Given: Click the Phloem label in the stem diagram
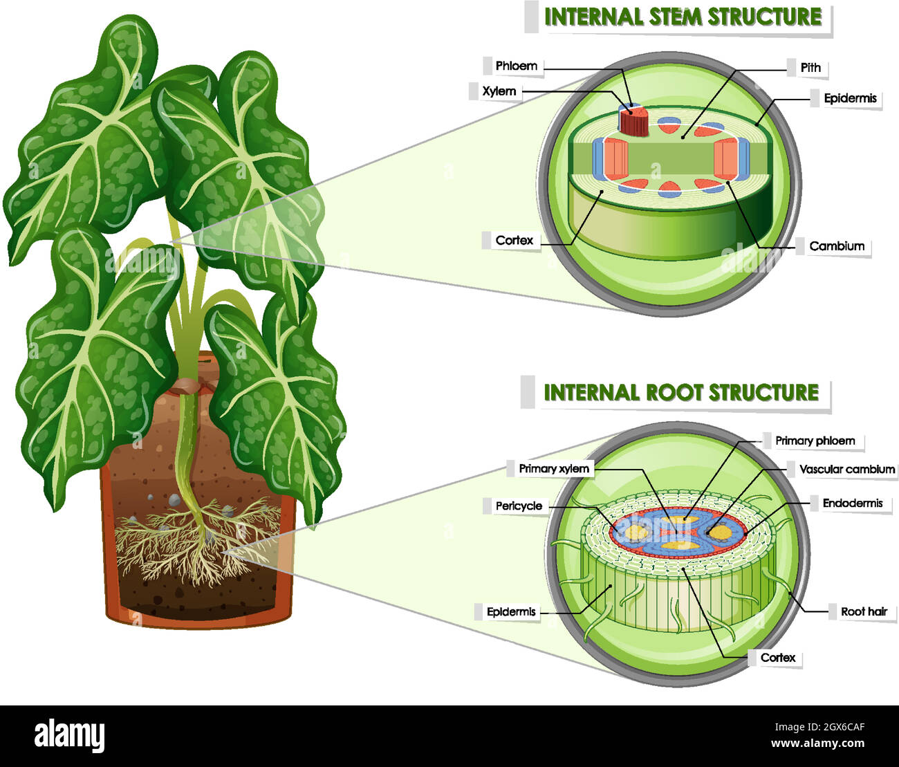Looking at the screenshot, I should [x=516, y=66].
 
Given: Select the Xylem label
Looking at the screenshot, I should [x=499, y=91].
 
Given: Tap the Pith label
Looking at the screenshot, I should [x=810, y=68].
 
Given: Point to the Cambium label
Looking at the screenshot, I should [x=837, y=246].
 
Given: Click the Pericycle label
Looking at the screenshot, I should [x=519, y=506].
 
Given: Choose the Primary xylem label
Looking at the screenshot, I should [x=554, y=469].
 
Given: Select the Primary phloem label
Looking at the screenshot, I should [x=815, y=441].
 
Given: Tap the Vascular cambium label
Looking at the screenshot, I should [x=846, y=470].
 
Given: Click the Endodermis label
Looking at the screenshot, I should [x=852, y=503].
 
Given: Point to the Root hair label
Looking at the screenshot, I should [x=864, y=611].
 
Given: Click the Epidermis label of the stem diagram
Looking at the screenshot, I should [x=850, y=99].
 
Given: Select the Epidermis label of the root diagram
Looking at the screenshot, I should [x=510, y=612].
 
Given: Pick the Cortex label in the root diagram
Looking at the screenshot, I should [x=777, y=658].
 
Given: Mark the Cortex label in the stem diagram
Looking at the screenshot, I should [x=514, y=241].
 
